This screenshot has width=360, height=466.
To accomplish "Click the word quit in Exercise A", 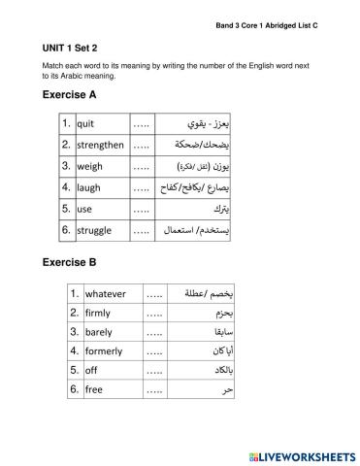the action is pyautogui.click(x=84, y=125).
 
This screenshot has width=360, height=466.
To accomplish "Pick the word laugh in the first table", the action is pyautogui.click(x=88, y=187).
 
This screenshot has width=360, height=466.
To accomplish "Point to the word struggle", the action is pyautogui.click(x=93, y=230).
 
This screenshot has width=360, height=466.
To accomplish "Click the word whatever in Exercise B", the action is pyautogui.click(x=107, y=293).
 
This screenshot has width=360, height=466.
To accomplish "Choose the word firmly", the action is pyautogui.click(x=98, y=313).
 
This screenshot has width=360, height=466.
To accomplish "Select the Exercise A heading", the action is pyautogui.click(x=77, y=95).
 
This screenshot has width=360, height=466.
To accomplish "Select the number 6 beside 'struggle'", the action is pyautogui.click(x=64, y=230).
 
